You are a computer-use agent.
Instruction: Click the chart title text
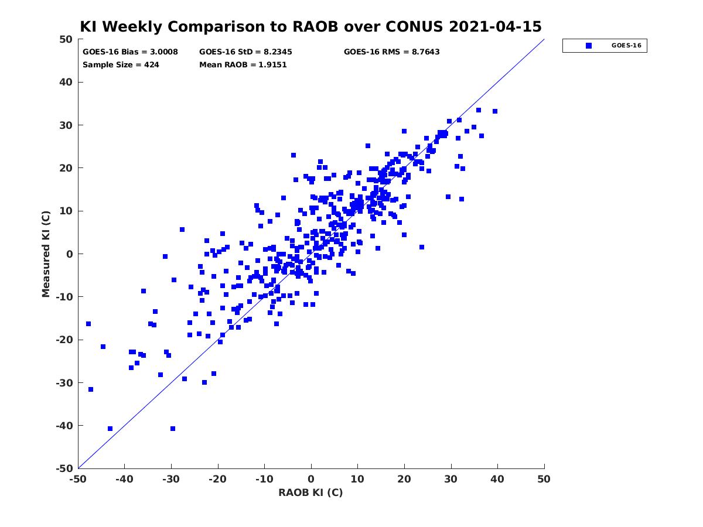pyautogui.click(x=310, y=26)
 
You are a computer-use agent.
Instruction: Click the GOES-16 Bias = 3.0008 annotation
pyautogui.click(x=130, y=52)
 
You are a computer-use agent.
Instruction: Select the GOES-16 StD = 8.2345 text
pyautogui.click(x=245, y=52)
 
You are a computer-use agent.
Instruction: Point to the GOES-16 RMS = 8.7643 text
pyautogui.click(x=391, y=52)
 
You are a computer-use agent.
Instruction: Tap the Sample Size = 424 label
pyautogui.click(x=121, y=65)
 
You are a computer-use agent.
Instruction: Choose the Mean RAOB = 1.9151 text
pyautogui.click(x=243, y=65)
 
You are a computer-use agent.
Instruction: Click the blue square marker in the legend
pyautogui.click(x=589, y=46)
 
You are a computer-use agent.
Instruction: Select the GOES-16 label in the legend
pyautogui.click(x=626, y=46)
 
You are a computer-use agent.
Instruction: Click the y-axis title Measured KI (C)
pyautogui.click(x=46, y=254)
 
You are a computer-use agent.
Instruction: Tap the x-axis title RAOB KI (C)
pyautogui.click(x=310, y=492)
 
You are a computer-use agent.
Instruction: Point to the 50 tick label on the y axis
pyautogui.click(x=66, y=39)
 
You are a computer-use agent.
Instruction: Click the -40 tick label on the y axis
pyautogui.click(x=64, y=426)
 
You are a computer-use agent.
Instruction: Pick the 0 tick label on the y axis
pyautogui.click(x=70, y=254)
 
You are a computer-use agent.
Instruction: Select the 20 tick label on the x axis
pyautogui.click(x=404, y=479)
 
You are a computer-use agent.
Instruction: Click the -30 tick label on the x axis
pyautogui.click(x=171, y=479)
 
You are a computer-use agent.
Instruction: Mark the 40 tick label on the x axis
pyautogui.click(x=497, y=479)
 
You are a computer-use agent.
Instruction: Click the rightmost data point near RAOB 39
pyautogui.click(x=495, y=111)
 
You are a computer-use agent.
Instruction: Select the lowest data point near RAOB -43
pyautogui.click(x=110, y=429)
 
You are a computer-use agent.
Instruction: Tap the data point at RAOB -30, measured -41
pyautogui.click(x=173, y=429)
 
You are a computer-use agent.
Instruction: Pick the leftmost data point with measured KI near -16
pyautogui.click(x=88, y=324)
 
